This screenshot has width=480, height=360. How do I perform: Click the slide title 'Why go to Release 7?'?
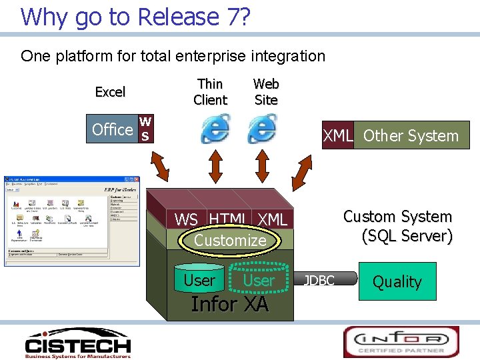pos(135,17)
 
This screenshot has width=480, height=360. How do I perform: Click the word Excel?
pos(110,92)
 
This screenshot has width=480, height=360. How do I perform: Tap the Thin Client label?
pos(210,92)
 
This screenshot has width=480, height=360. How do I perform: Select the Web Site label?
pos(266,92)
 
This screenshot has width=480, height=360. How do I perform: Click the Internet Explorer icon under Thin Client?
pos(215,129)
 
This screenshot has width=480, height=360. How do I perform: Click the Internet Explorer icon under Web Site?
pos(262,129)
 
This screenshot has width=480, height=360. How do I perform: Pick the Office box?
pos(121,129)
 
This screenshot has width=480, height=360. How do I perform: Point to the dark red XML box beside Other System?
pos(337,135)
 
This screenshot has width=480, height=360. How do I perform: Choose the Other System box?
pos(411,135)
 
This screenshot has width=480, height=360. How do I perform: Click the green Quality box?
pos(397,281)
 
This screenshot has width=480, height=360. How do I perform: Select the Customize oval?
pos(230,241)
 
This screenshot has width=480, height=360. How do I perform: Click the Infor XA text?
pos(229,304)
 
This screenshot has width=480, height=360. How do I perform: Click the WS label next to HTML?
pos(186,219)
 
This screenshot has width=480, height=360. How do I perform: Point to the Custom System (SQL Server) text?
pos(398,226)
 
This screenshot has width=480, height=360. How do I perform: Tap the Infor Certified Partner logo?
pos(401,341)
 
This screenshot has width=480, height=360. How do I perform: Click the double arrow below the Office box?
pos(161,167)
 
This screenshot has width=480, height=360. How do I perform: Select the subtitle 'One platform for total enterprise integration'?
pos(173,56)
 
